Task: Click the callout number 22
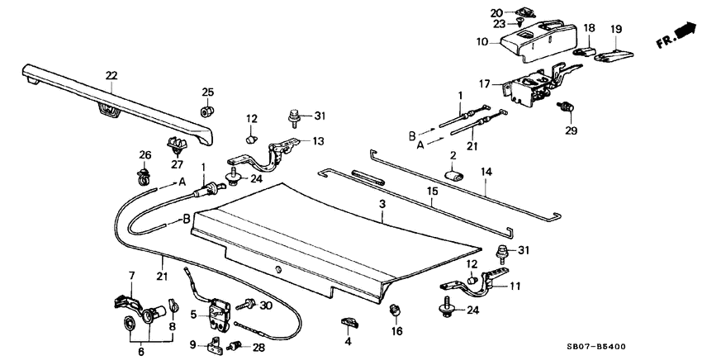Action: (x=111, y=76)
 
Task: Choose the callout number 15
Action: (x=430, y=191)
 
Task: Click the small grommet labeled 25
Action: (x=206, y=111)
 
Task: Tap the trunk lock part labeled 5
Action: (x=220, y=313)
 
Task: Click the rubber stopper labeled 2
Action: (x=455, y=174)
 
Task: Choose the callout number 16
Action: (x=394, y=331)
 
